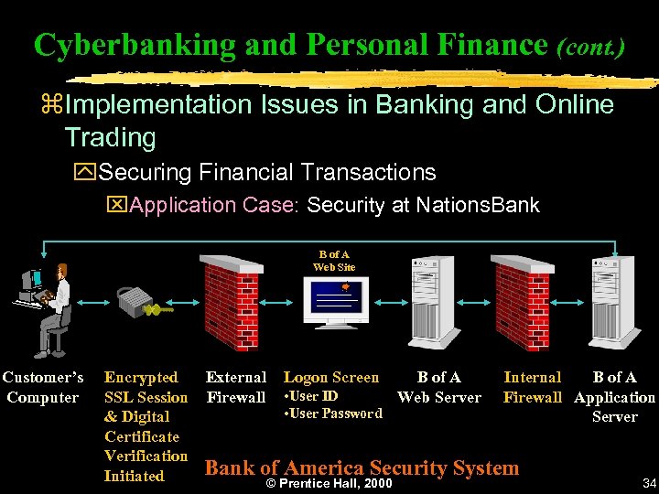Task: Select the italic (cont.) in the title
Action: coord(590,46)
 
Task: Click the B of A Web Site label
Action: coord(333,260)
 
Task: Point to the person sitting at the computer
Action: coord(54,305)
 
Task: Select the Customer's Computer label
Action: coord(42,387)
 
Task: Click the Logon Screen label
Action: coord(330,377)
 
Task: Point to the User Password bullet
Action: coord(334,413)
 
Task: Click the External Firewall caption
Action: coord(235,387)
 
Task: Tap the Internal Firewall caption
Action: coord(532,387)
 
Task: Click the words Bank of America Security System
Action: coord(362,467)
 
